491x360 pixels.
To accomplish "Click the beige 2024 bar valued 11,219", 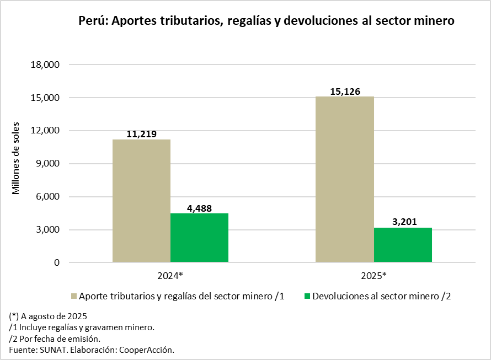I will [x=141, y=201].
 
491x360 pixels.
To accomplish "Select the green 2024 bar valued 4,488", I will [x=199, y=238].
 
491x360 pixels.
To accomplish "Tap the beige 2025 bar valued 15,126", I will [x=344, y=179].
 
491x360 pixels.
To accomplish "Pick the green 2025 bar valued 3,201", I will [x=402, y=245].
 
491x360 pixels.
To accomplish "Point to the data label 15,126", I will [x=345, y=92].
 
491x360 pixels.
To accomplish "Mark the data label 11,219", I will [x=141, y=134].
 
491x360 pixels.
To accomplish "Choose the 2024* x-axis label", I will [x=170, y=276].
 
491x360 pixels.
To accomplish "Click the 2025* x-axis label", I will [x=373, y=276].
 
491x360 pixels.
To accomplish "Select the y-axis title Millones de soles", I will [x=16, y=157].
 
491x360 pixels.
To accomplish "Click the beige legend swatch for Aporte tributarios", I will [x=73, y=297].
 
